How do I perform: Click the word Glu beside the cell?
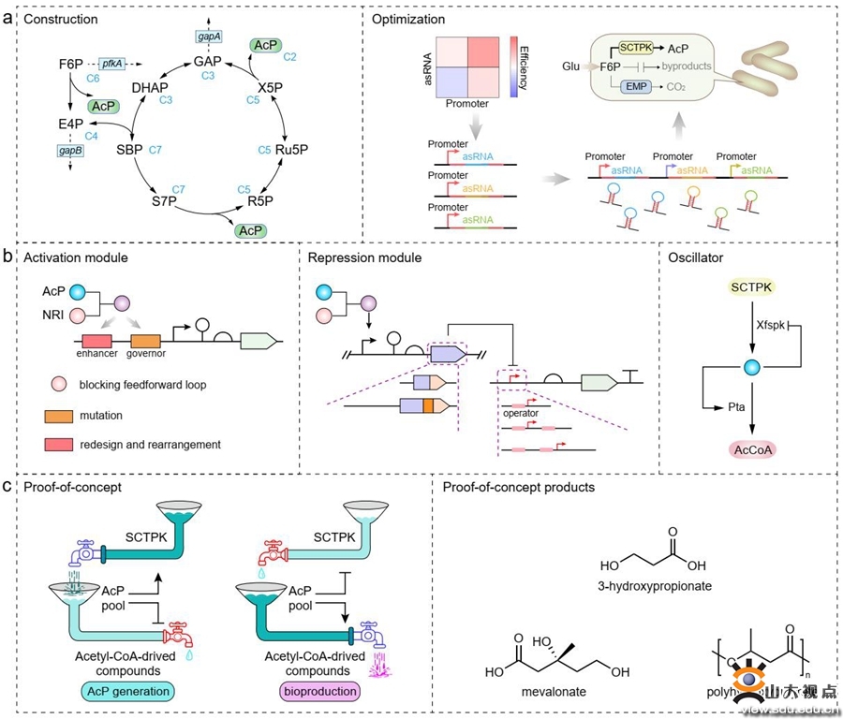coord(570,66)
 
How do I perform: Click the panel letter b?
coord(8,254)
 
